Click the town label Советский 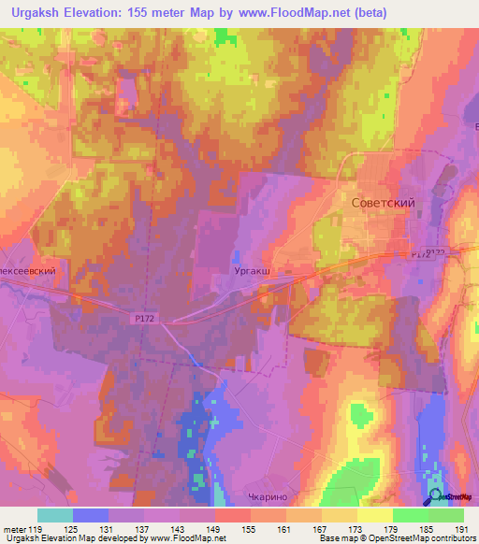coord(382,202)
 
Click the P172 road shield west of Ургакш coord(143,319)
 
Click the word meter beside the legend coord(15,528)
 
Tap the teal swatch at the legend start coord(54,515)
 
